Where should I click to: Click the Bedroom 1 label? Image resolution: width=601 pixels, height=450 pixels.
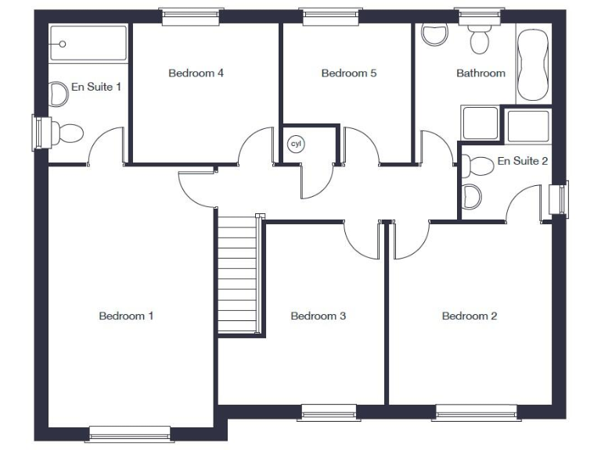point(126,316)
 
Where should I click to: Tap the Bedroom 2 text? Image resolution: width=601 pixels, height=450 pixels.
point(470,316)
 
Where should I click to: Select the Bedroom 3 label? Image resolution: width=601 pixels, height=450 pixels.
point(318,316)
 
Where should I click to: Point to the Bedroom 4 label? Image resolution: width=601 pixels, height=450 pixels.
point(196,73)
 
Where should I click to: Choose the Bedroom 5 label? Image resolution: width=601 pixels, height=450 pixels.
point(349,73)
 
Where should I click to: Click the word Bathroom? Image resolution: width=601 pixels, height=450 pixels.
point(480,73)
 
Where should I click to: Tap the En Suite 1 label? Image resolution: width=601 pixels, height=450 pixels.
point(95,86)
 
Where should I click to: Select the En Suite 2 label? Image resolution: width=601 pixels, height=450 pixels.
point(523,161)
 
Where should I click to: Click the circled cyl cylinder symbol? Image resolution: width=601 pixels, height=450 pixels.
point(296,144)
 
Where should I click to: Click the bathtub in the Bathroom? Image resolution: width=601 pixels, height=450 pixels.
point(533,66)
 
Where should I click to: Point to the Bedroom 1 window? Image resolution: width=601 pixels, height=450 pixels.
point(130,434)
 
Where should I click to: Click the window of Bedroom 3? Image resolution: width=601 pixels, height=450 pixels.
point(328,412)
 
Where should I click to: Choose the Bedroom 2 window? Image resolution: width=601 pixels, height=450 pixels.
point(476,412)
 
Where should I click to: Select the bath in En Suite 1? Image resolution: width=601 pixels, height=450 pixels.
point(88,44)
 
